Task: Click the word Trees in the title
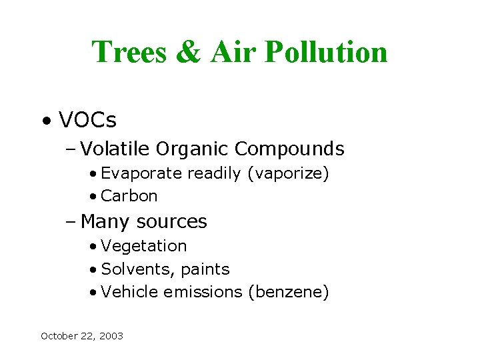(128, 52)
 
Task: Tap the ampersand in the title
(189, 52)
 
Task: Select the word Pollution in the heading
(326, 52)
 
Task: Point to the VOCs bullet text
(87, 120)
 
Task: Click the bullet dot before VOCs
(45, 121)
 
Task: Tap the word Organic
(193, 148)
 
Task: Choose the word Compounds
(290, 148)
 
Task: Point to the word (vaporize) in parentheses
(288, 173)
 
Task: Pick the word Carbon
(129, 196)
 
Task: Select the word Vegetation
(144, 246)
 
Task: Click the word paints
(206, 269)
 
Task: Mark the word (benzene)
(288, 292)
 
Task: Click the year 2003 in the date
(111, 336)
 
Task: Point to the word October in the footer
(58, 336)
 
